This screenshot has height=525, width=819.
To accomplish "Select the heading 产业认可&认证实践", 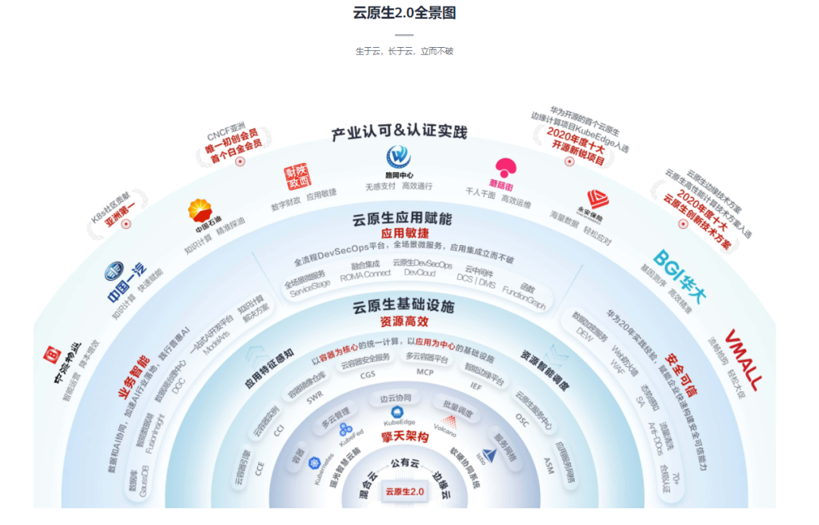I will point(399,133).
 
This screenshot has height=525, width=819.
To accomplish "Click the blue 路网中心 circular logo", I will point(399,157).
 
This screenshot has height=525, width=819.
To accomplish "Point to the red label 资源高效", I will point(404,321).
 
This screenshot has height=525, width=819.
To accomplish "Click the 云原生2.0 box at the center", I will point(404,492).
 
